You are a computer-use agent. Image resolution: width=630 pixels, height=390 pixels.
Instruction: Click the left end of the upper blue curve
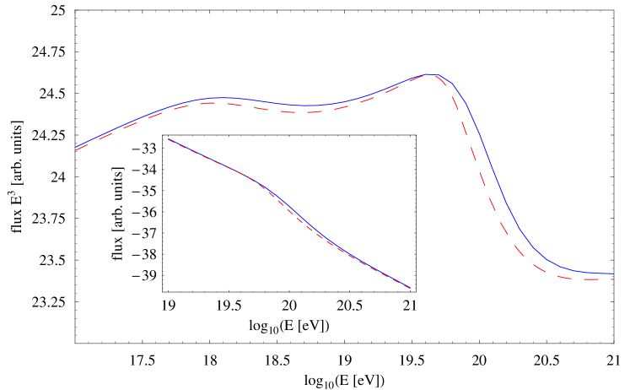76,149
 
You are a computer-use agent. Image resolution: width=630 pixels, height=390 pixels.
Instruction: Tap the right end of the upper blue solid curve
613,274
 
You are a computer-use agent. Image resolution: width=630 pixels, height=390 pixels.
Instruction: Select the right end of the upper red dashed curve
613,279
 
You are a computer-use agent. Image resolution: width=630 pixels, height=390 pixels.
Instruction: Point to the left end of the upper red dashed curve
76,151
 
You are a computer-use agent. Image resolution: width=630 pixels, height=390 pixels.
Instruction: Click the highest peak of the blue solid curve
431,74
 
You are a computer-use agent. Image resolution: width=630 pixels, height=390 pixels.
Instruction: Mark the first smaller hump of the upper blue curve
218,98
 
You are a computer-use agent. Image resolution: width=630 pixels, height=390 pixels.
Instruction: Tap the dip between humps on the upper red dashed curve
299,111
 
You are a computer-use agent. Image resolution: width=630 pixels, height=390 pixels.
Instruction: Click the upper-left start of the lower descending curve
169,139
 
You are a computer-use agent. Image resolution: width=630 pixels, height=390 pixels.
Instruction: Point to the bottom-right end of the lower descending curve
410,288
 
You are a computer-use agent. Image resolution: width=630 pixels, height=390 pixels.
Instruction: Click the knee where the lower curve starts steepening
253,179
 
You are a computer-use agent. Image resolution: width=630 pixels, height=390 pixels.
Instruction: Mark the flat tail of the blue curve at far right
595,273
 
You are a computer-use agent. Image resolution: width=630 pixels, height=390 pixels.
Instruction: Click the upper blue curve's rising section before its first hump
135,120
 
